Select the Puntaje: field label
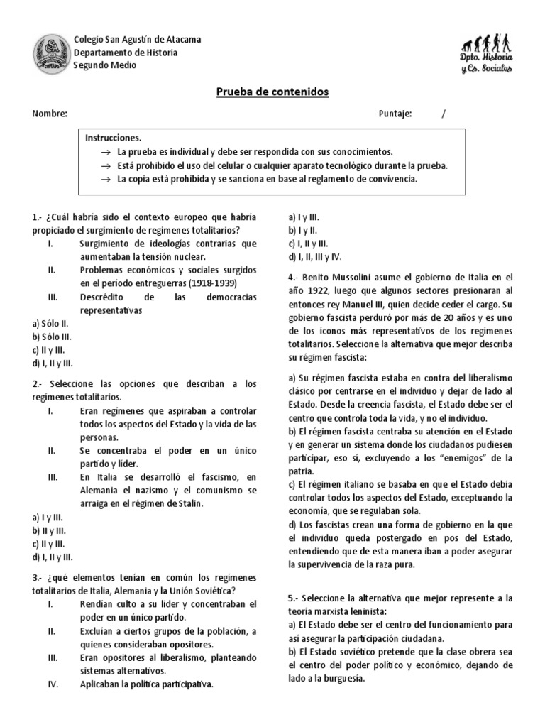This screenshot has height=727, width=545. click(395, 114)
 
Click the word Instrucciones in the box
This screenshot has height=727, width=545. click(114, 138)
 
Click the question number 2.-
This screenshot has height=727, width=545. click(38, 384)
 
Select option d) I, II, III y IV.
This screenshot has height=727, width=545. click(315, 256)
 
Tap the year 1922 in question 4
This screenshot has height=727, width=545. click(316, 290)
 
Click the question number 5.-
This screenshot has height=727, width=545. click(294, 598)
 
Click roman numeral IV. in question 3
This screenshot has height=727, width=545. click(52, 684)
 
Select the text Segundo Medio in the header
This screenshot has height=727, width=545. click(105, 65)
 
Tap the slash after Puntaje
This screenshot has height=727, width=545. click(444, 114)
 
